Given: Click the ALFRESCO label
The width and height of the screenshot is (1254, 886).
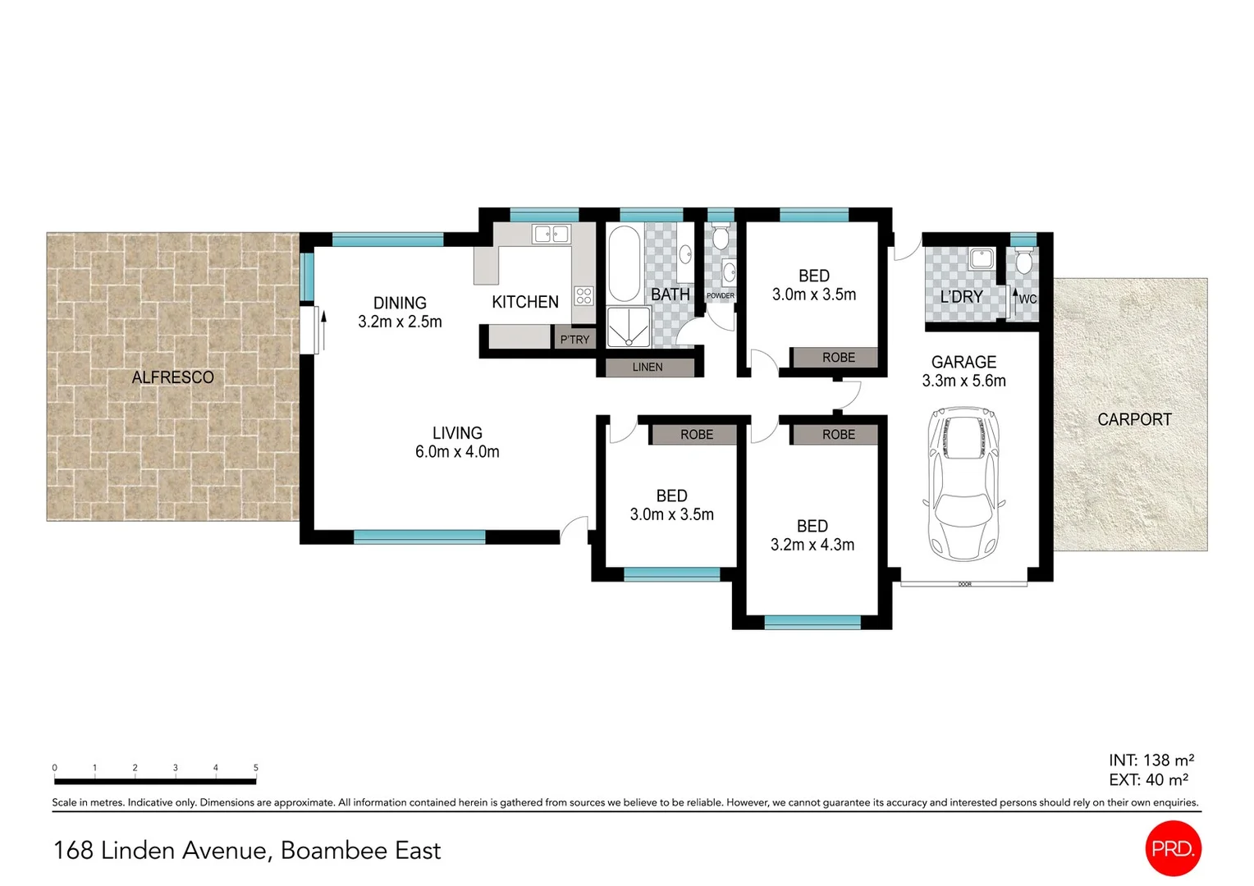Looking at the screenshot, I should coord(172,377).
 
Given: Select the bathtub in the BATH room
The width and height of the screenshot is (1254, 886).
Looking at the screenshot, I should coord(624,264).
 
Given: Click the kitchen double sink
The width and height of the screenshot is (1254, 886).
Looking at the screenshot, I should coord(551,235).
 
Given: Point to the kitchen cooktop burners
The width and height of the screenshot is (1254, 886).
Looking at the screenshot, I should coord(584,295).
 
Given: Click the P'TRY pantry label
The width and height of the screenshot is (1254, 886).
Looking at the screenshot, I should coord(574,339).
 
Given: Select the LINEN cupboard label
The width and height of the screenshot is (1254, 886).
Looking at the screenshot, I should coord(648,367).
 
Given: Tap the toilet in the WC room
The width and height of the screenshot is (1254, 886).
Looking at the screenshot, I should coord(1023,262).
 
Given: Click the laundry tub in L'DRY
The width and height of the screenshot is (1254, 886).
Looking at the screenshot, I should coord(981,258).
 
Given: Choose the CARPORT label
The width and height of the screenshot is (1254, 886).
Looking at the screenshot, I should coord(1134,419).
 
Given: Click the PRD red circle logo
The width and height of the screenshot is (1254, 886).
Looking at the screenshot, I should coord(1173,848).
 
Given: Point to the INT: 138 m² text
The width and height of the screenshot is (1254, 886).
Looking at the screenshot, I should coord(1151,760).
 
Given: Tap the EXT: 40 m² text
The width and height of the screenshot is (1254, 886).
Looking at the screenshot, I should coord(1148,780).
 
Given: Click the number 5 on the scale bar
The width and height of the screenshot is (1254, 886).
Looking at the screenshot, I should coord(256,768).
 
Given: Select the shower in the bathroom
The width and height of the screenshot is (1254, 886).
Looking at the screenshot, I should coord(628,327).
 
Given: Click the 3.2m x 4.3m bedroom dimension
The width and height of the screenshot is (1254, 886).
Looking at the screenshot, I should coord(812,545).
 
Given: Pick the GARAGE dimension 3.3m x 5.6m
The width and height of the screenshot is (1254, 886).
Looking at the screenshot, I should coord(963,381).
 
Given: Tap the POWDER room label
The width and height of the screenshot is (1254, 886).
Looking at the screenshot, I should coord(721,295).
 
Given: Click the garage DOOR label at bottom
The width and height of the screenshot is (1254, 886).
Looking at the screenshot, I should coord(964,584).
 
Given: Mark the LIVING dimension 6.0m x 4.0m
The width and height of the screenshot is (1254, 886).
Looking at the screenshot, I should coord(457,451).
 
